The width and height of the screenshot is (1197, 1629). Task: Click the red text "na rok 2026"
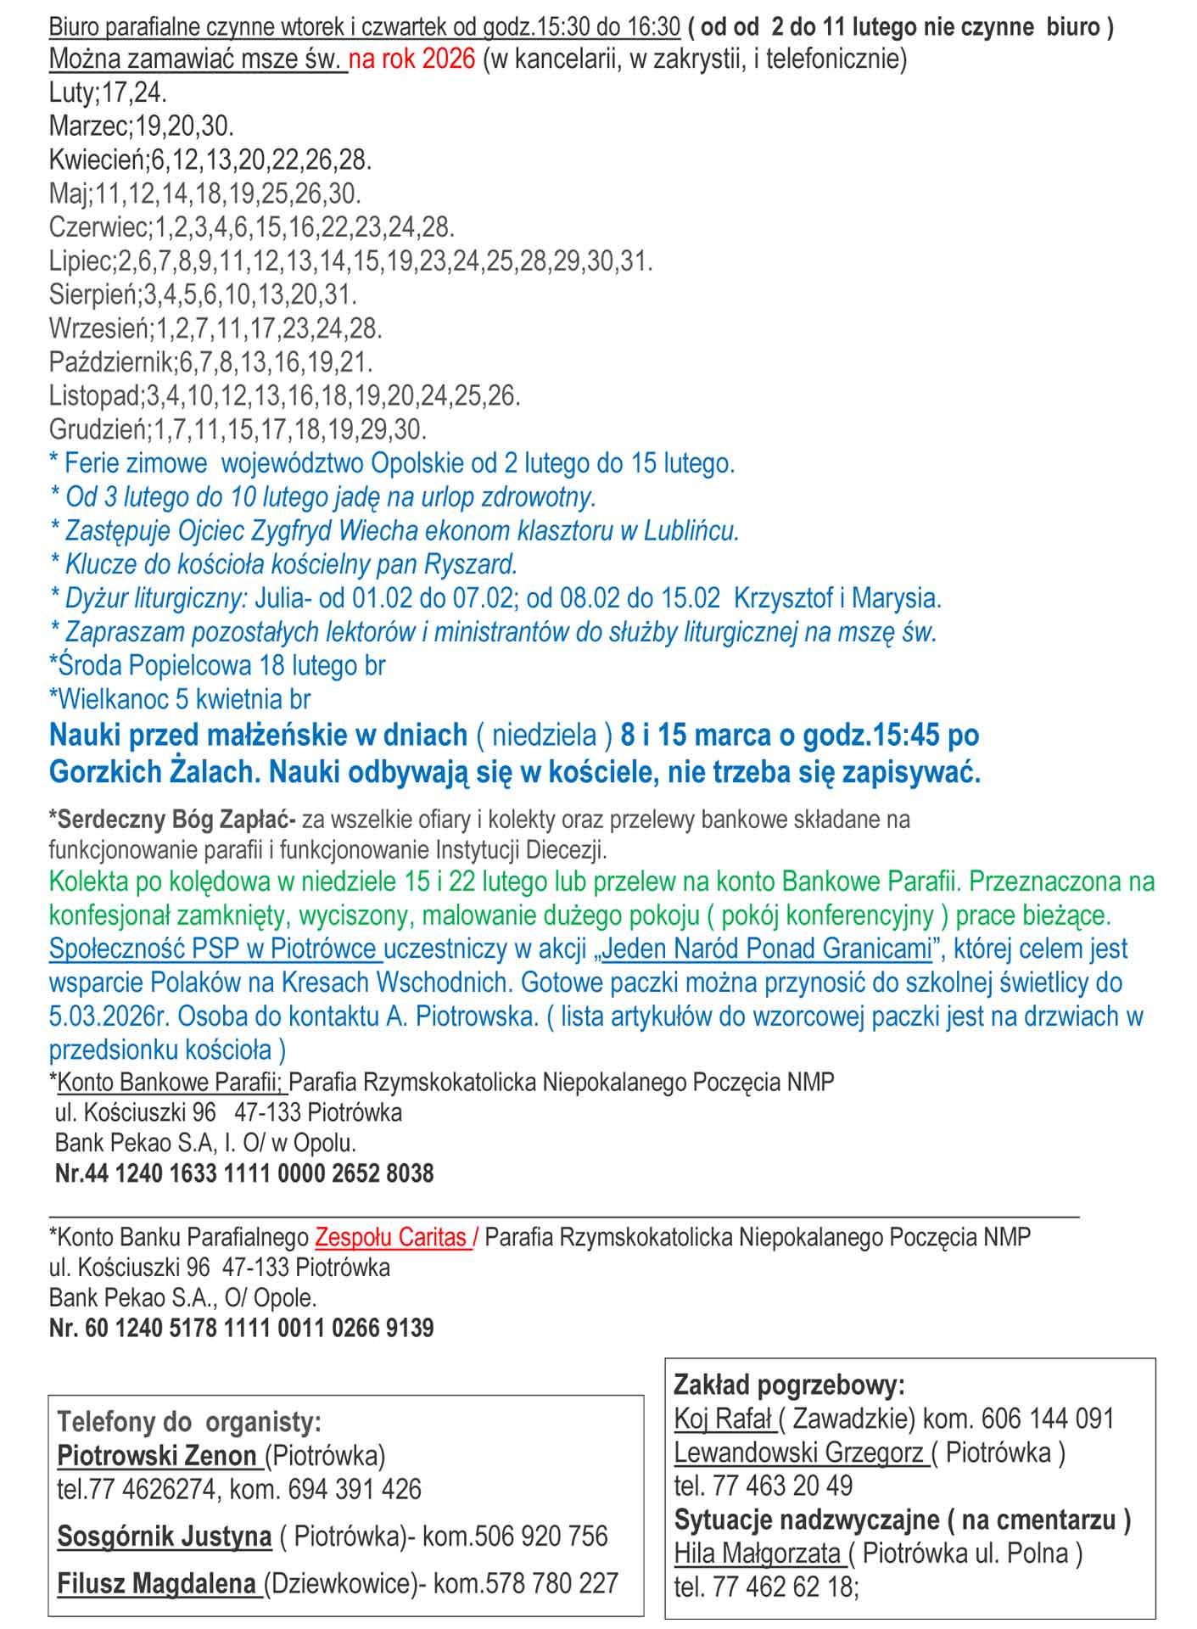click(411, 60)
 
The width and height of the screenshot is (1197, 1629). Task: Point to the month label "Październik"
click(111, 362)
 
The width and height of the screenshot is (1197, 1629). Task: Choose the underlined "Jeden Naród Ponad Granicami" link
click(766, 949)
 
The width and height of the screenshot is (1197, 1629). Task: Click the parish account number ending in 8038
click(244, 1173)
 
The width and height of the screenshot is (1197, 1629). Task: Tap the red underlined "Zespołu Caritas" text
click(391, 1237)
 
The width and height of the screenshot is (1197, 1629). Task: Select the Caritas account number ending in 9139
click(241, 1328)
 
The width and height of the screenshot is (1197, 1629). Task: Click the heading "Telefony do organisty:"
click(189, 1422)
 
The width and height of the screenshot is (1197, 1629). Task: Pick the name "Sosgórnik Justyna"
click(164, 1536)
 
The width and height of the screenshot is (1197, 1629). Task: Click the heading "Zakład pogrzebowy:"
click(789, 1385)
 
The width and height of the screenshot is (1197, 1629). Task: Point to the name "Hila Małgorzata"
click(757, 1553)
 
